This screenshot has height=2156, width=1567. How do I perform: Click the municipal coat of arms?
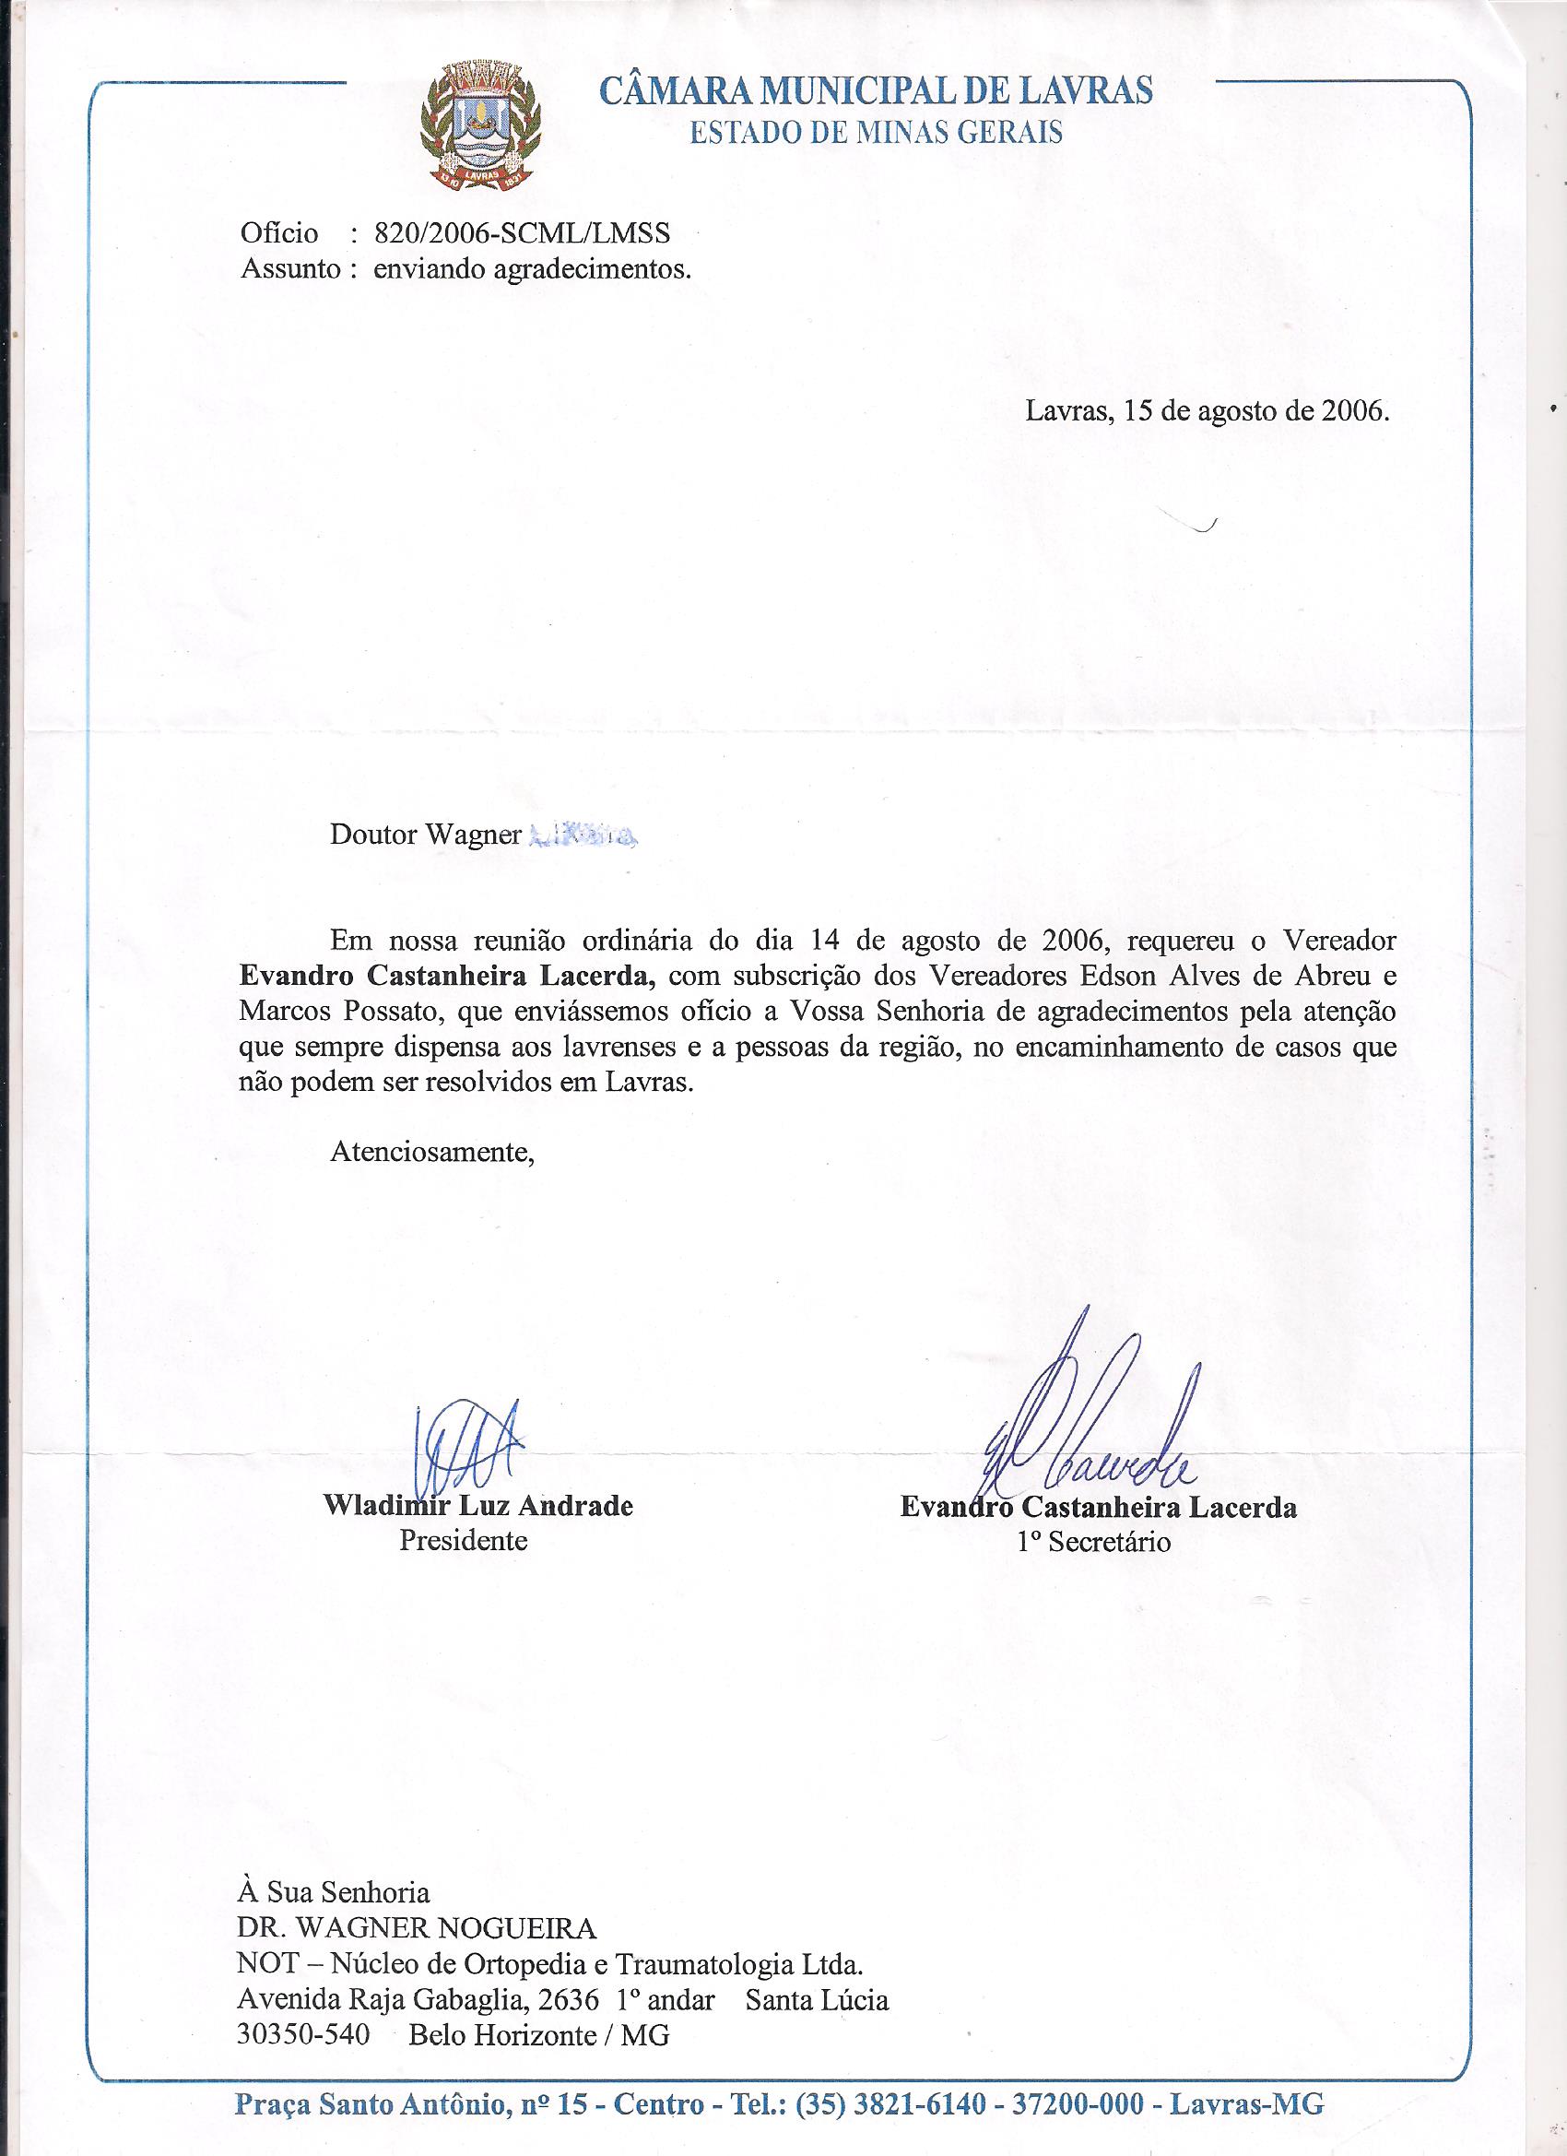point(478,123)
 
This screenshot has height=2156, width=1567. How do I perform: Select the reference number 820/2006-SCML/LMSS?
point(522,233)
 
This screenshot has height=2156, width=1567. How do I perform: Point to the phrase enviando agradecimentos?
point(532,270)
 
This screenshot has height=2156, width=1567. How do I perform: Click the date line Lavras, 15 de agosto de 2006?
point(1208,410)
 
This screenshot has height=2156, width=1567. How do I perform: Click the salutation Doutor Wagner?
point(426,835)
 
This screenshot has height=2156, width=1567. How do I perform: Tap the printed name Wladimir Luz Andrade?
point(478,1506)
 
